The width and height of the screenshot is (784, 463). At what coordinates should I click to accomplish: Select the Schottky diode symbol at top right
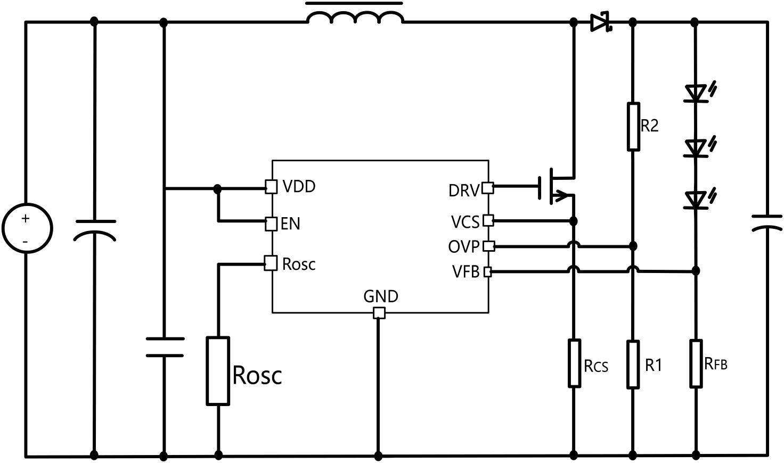coord(600,22)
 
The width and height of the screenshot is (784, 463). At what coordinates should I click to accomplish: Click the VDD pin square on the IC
coord(271,187)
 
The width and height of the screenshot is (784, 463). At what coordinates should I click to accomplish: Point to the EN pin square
coord(271,224)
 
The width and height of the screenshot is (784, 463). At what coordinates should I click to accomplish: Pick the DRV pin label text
coord(464,191)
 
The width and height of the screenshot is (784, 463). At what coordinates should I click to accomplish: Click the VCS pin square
coord(488,220)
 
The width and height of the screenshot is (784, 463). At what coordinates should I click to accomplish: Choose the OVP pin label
coord(464,247)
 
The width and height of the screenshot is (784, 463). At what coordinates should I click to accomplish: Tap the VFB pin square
coord(487,272)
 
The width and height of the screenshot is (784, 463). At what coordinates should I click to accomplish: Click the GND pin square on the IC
coord(379,313)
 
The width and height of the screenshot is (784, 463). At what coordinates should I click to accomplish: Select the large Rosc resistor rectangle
coord(218,371)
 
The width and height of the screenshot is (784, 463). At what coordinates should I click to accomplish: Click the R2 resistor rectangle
coord(633,127)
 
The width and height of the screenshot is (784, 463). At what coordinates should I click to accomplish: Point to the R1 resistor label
coord(654,365)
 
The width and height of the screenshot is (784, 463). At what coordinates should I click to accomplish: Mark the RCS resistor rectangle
coord(574,363)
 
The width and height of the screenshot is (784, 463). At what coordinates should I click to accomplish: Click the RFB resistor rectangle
coord(696,363)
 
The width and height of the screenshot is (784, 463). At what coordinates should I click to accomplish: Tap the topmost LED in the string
coord(695,93)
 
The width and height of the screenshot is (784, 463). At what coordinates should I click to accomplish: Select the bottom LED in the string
coord(695,200)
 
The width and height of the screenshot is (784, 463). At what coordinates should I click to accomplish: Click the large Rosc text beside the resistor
coord(257,375)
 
